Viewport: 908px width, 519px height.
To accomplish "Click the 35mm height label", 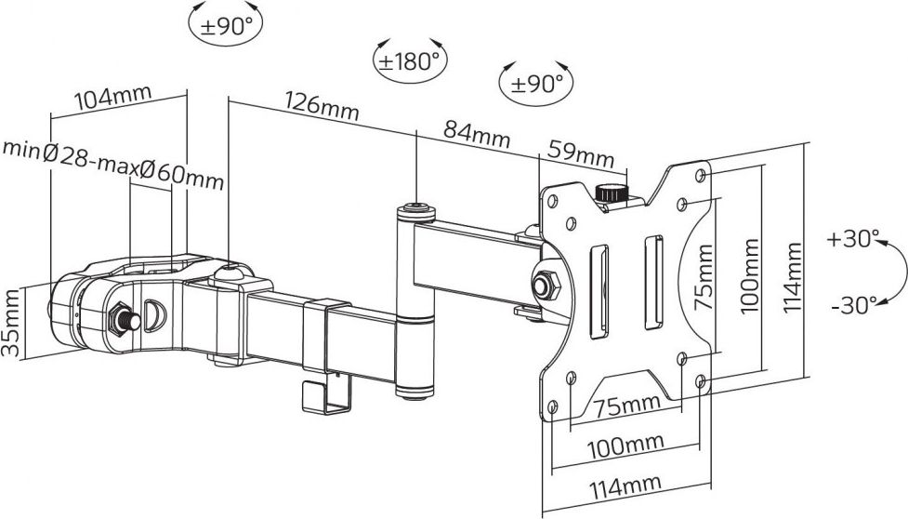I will [11, 323].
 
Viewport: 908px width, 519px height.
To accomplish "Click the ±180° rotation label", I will [407, 61].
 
